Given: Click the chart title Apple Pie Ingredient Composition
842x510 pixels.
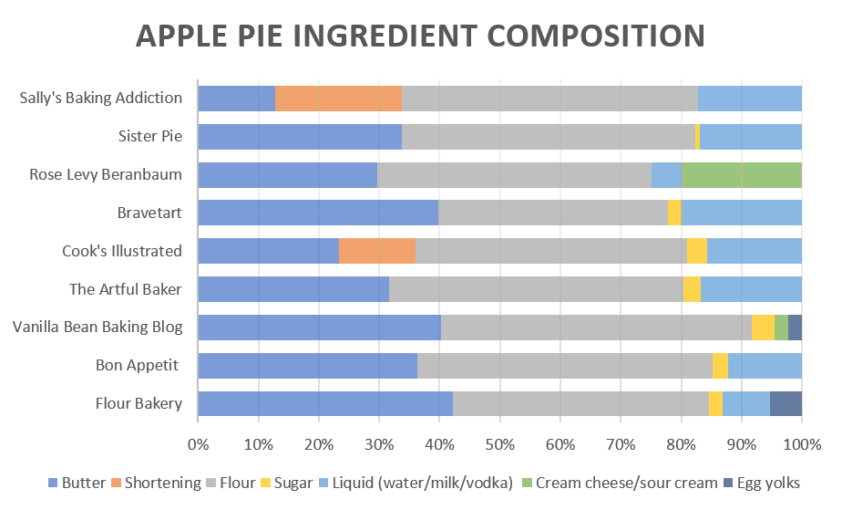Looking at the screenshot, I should pyautogui.click(x=420, y=36).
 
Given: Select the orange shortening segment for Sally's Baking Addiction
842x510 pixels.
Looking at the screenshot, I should pyautogui.click(x=338, y=99).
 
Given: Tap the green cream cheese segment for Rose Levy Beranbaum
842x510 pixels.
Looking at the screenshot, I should pyautogui.click(x=741, y=175).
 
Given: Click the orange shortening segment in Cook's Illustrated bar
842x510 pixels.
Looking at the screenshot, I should pyautogui.click(x=376, y=251).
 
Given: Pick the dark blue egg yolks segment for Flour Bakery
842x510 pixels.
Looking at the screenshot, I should pyautogui.click(x=786, y=404).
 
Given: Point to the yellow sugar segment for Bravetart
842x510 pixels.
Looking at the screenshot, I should pyautogui.click(x=674, y=213).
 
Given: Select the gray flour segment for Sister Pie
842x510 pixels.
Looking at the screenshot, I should pyautogui.click(x=548, y=137).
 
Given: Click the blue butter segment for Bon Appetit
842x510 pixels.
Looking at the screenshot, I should pyautogui.click(x=307, y=366).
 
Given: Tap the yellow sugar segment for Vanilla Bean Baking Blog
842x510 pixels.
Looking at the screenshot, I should pyautogui.click(x=763, y=328).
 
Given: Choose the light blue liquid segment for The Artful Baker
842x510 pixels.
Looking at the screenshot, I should pyautogui.click(x=751, y=289).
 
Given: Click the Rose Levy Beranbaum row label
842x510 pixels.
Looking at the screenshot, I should pyautogui.click(x=106, y=175).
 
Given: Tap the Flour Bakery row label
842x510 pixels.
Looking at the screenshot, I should pyautogui.click(x=139, y=404).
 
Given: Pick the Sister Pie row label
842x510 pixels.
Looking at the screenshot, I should pyautogui.click(x=150, y=137).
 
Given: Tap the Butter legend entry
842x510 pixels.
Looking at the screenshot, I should pyautogui.click(x=77, y=483).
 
